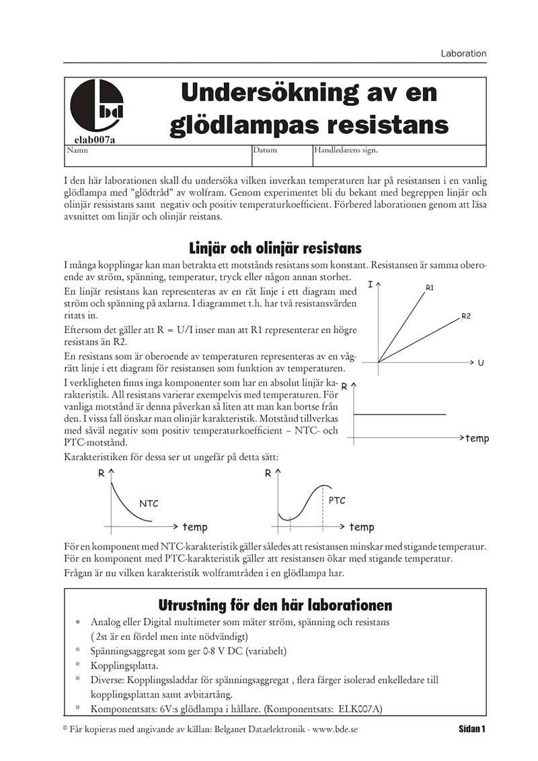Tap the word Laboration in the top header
[x=463, y=53]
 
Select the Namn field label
[x=74, y=151]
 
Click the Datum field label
[x=265, y=151]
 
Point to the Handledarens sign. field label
[x=346, y=151]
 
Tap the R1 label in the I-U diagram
[x=430, y=287]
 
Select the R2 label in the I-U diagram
[x=466, y=316]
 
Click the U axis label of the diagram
[x=481, y=363]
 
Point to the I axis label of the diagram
[x=371, y=285]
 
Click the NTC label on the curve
[x=149, y=503]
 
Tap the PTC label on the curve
[x=337, y=501]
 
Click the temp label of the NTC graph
[x=196, y=528]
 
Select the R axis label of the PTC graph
[x=268, y=473]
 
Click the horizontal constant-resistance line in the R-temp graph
[x=400, y=414]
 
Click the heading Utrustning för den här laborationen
[x=275, y=604]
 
